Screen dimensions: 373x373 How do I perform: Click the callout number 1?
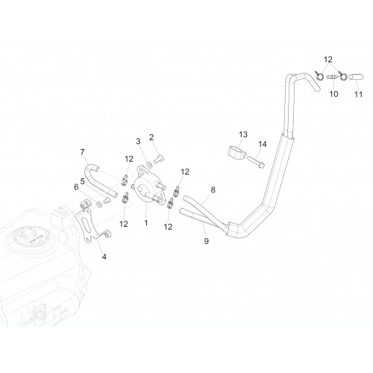(x=146, y=223)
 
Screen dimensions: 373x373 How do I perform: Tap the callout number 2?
(x=151, y=137)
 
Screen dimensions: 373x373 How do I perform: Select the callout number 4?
(x=104, y=257)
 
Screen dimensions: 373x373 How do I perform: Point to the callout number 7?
(x=82, y=152)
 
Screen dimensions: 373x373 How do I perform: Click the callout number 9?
(x=207, y=241)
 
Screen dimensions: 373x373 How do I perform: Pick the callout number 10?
(x=333, y=94)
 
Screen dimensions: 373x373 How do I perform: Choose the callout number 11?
(x=358, y=94)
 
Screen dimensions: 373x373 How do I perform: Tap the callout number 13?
(x=243, y=134)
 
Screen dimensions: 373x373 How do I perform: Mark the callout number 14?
(x=263, y=144)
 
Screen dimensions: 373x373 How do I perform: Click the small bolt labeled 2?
(x=158, y=159)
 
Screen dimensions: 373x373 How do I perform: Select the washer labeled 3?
(x=149, y=164)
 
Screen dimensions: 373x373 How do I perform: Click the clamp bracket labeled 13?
(x=236, y=151)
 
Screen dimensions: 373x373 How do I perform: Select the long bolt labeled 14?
(x=256, y=162)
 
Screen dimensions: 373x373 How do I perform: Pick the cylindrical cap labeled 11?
(x=356, y=77)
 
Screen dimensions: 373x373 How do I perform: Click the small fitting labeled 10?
(x=331, y=77)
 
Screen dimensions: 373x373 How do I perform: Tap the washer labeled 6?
(x=99, y=204)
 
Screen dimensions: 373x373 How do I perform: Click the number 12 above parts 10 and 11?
(x=328, y=60)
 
